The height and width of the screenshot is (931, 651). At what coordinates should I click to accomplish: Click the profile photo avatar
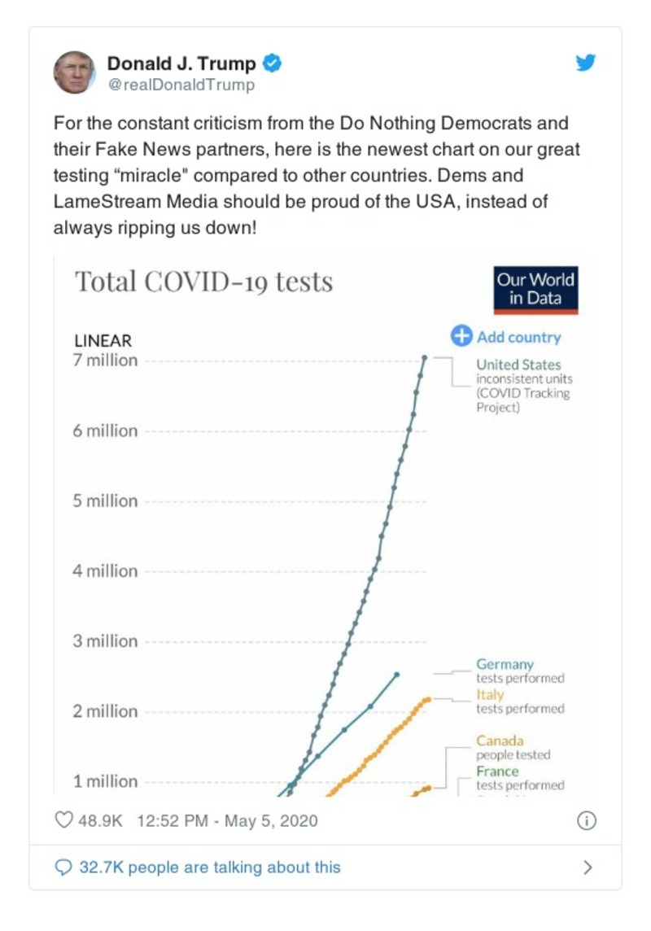click(74, 72)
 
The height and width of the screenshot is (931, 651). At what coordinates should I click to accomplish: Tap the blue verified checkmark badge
click(274, 63)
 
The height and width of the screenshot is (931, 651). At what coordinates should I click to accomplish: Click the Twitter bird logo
click(586, 63)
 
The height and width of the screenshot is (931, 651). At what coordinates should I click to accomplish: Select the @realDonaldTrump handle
click(181, 85)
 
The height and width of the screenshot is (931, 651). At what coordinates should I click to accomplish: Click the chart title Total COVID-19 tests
click(203, 282)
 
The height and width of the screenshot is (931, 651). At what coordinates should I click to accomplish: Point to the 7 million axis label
click(106, 361)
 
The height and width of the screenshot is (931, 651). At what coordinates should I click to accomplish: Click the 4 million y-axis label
click(106, 570)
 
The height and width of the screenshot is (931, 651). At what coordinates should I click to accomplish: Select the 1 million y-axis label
click(106, 781)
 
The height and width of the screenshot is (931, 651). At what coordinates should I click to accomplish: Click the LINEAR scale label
click(103, 341)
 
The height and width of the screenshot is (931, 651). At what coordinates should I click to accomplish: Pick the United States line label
click(518, 365)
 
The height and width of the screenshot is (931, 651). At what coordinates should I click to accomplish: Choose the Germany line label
click(505, 664)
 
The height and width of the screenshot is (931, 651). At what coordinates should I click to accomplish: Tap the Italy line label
click(490, 695)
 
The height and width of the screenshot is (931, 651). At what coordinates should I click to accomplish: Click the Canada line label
click(500, 741)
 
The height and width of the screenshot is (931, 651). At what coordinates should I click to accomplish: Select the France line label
click(497, 771)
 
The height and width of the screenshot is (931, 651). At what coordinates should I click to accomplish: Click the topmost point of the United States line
click(425, 357)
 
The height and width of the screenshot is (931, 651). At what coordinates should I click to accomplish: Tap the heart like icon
click(63, 820)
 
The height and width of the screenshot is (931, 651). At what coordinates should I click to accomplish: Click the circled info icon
click(586, 820)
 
